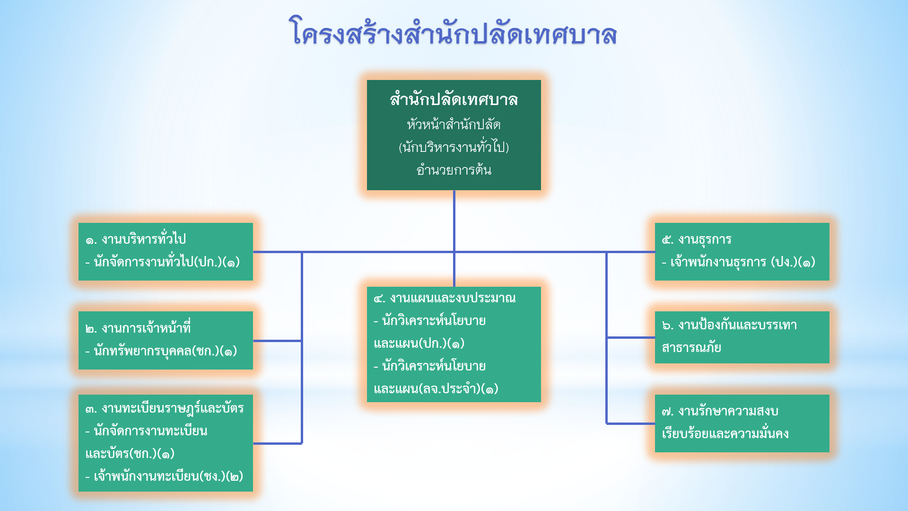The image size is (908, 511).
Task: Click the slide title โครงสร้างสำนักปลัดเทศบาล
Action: coord(453,32)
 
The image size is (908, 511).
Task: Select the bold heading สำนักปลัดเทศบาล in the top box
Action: coord(454,100)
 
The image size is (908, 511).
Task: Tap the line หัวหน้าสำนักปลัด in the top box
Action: coord(454,124)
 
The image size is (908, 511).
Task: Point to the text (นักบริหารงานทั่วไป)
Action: coord(454,147)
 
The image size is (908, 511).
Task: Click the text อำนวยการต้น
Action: coord(454,169)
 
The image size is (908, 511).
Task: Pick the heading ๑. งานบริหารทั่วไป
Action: coord(136,239)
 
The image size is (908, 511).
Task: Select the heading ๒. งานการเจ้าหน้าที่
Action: coord(138,327)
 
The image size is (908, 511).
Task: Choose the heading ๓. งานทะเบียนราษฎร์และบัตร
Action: coord(165,408)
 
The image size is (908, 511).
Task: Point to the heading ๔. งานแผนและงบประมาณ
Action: coord(445,298)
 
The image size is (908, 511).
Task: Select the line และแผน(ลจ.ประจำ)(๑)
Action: coord(436,388)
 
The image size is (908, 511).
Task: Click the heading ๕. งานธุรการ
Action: coord(697,239)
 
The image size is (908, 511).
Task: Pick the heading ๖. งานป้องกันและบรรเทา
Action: coord(729,325)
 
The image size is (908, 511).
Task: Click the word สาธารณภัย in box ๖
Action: coord(691,347)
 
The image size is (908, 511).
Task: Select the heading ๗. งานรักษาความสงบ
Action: coord(720,411)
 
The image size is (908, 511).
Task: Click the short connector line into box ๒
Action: coord(278,341)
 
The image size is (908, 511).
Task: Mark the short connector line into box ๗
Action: coord(630,423)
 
